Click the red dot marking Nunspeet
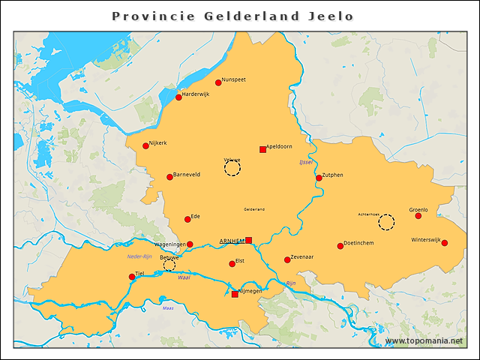point(218,82)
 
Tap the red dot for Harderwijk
point(178,97)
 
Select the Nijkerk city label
point(158,142)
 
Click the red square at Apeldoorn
point(262,149)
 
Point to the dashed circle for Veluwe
point(232,168)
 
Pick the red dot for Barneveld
point(169,177)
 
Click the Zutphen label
point(333,175)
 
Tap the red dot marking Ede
point(187,220)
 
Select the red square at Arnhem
point(249,240)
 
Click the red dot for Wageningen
point(190,244)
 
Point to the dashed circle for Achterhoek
point(386,222)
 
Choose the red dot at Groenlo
point(418,216)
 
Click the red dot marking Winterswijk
point(445,243)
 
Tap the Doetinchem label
point(358,243)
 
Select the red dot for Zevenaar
point(287,260)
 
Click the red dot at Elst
point(232,264)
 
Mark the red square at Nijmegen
point(235,294)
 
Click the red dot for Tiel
point(132,277)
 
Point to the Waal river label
point(184,277)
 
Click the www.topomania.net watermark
point(424,340)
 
